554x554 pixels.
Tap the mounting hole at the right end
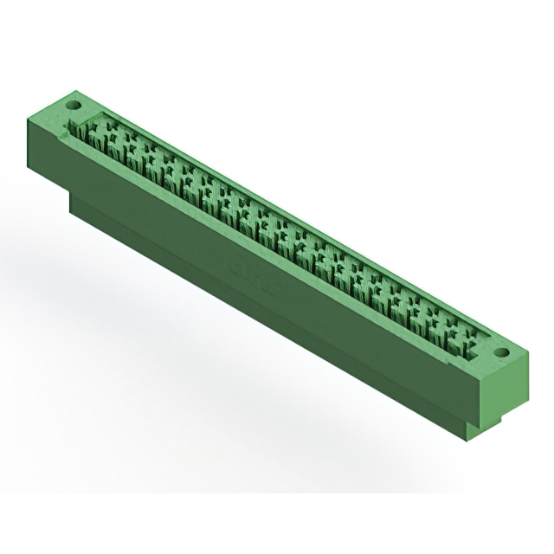pyautogui.click(x=501, y=353)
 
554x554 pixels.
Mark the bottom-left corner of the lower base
pyautogui.click(x=71, y=216)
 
